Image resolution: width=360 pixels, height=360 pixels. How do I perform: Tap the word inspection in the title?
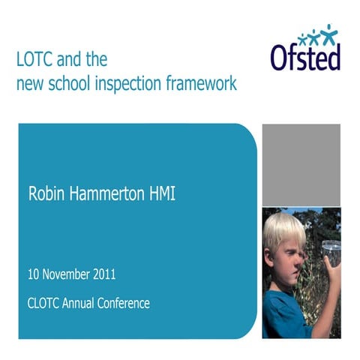click(x=135, y=82)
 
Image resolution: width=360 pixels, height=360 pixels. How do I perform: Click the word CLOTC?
click(x=45, y=303)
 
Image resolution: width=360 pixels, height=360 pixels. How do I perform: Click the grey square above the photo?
click(x=301, y=164)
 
